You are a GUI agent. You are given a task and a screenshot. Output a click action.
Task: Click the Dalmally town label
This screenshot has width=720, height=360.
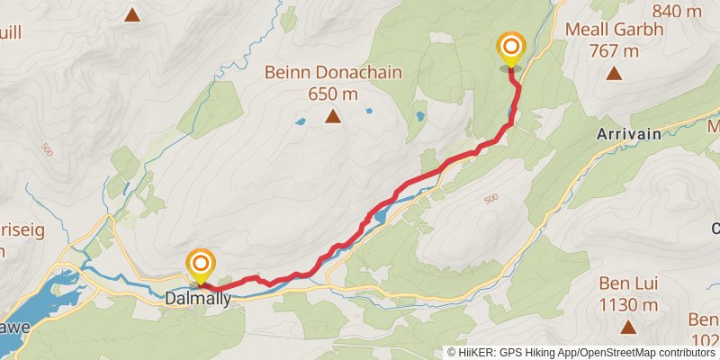[198, 297]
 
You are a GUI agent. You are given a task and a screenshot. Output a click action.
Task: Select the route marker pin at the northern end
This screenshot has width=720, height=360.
[511, 49]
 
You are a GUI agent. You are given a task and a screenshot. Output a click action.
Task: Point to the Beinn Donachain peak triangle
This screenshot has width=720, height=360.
[333, 116]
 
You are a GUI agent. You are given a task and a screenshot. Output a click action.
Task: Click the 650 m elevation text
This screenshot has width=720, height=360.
[333, 94]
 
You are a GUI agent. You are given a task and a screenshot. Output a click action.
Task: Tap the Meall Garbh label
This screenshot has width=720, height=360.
[614, 30]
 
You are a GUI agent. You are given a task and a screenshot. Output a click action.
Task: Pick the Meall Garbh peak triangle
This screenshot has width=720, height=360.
[614, 74]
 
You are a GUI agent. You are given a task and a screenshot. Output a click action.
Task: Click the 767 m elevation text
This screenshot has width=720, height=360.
[614, 50]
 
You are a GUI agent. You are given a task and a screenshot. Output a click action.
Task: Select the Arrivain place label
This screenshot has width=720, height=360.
[628, 133]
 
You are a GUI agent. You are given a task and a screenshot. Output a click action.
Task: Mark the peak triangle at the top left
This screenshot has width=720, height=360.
[132, 14]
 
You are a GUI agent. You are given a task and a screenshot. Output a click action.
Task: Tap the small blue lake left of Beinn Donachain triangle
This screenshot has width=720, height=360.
[300, 121]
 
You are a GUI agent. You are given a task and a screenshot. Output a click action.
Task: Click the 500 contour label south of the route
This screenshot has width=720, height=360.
[490, 199]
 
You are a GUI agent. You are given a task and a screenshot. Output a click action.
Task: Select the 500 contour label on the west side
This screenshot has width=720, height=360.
[46, 149]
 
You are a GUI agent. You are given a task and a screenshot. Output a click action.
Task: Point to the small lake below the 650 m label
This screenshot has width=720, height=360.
[368, 111]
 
